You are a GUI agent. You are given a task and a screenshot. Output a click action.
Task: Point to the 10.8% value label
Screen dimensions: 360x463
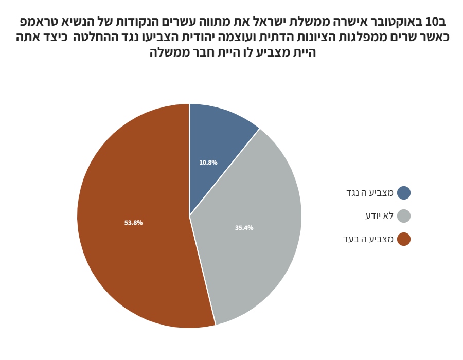click(x=208, y=163)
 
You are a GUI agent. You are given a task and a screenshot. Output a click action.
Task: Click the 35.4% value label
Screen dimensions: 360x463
click(x=244, y=228)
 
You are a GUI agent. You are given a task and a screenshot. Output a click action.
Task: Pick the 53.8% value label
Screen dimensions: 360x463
click(x=134, y=223)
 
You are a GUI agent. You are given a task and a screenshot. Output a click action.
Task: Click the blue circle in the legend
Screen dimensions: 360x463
click(x=404, y=193)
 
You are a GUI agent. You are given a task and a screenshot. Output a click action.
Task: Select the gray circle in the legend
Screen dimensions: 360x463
click(x=404, y=216)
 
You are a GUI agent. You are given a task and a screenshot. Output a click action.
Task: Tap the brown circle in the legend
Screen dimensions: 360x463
click(x=404, y=239)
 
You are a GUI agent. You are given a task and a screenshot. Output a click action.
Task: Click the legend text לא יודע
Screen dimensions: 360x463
click(x=379, y=216)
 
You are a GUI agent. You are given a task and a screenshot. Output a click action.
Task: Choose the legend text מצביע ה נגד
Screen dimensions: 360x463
click(x=369, y=193)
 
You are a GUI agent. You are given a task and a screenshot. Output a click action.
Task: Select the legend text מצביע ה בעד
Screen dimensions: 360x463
click(x=369, y=239)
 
